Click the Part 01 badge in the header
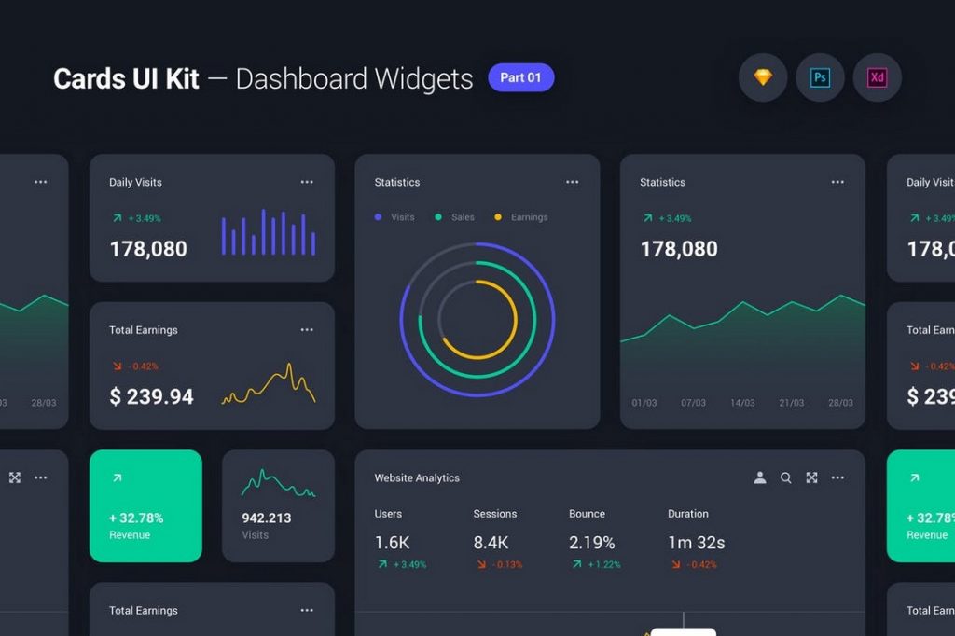(520, 77)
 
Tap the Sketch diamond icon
(763, 77)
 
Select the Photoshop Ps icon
(820, 77)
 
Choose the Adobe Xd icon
(877, 77)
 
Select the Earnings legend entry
(521, 217)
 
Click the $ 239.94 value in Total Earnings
(151, 396)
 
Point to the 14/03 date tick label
(742, 403)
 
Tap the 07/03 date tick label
(693, 403)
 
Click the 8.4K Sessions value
(491, 543)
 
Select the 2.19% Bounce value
(592, 543)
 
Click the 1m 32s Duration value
(696, 543)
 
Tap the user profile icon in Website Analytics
(760, 477)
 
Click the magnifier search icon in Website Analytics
(786, 477)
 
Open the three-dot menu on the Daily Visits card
(307, 182)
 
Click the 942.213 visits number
(266, 518)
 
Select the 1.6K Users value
(392, 543)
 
